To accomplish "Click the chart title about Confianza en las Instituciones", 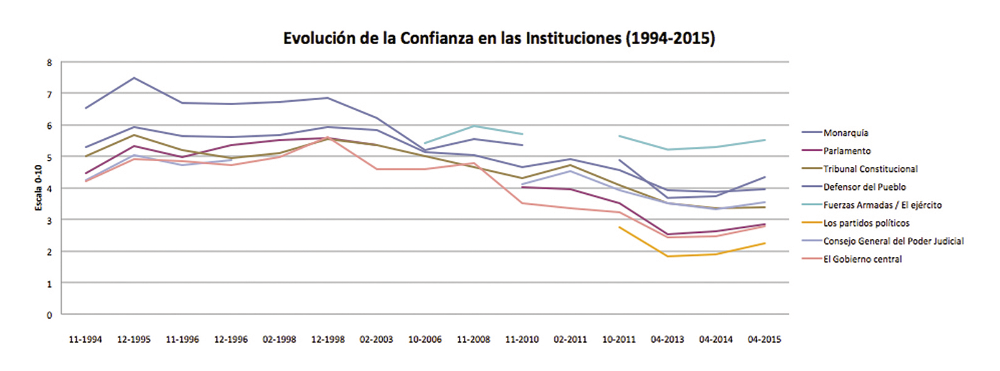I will point(499,39).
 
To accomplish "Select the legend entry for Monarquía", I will point(846,133).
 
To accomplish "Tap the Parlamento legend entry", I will point(847,151).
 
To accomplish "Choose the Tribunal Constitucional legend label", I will point(870,169).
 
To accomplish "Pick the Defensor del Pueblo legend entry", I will point(864,187).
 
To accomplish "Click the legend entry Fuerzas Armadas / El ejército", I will point(882,205).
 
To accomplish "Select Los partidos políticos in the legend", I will point(866,223).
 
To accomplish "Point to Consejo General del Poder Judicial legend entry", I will point(893,241).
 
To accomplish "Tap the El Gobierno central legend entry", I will point(862,259).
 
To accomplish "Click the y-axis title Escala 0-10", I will point(39,187).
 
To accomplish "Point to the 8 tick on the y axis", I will point(50,62).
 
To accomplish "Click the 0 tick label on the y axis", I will point(50,315).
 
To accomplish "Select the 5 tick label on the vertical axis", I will point(50,157).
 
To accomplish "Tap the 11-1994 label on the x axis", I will point(85,340).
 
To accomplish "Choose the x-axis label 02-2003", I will point(376,340).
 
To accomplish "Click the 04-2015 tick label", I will point(764,340).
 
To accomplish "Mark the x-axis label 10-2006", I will point(425,340).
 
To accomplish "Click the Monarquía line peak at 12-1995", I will point(134,78).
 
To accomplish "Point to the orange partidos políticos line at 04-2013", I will point(667,256).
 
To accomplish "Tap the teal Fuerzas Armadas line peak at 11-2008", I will point(473,126).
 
